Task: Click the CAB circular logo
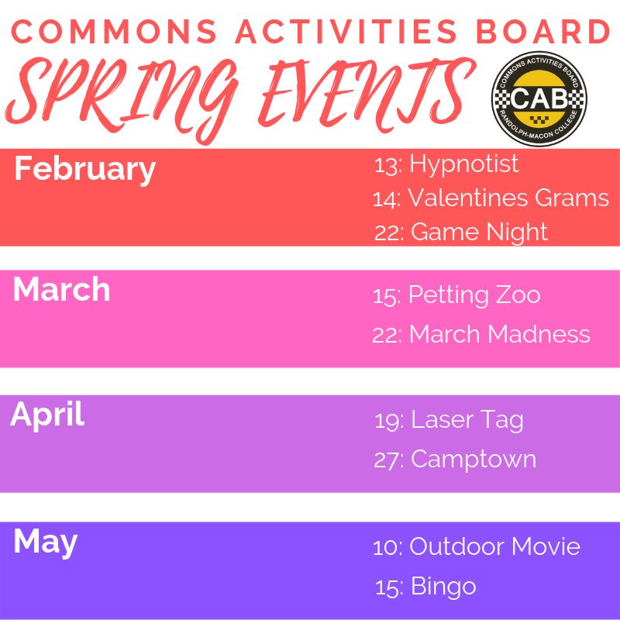click(x=539, y=98)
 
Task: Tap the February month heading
click(x=84, y=169)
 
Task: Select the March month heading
click(x=61, y=289)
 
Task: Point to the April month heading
click(x=47, y=415)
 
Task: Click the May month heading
click(x=45, y=542)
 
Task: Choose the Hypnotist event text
click(x=463, y=164)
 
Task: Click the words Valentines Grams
click(x=508, y=198)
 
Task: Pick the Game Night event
click(x=479, y=232)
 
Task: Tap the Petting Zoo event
click(x=474, y=295)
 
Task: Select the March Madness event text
click(x=500, y=334)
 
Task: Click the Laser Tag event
click(x=467, y=420)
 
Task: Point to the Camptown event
click(x=474, y=459)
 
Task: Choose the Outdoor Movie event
click(x=494, y=546)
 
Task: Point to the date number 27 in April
click(x=385, y=460)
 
